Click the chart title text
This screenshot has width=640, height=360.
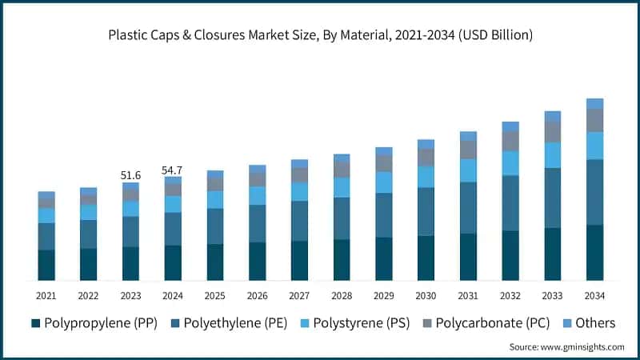click(320, 35)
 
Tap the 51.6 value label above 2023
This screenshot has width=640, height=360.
click(130, 174)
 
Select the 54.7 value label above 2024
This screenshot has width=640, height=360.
click(173, 170)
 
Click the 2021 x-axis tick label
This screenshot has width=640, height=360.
click(46, 296)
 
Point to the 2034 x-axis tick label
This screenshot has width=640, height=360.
click(594, 296)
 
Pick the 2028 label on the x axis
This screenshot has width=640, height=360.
click(342, 296)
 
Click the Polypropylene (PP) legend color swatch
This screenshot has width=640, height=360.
click(35, 323)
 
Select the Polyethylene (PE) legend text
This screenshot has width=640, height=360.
click(237, 323)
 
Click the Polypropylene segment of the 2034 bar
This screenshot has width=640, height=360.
click(594, 253)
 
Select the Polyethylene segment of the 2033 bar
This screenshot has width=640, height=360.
click(553, 198)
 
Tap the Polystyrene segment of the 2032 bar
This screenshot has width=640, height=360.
click(510, 163)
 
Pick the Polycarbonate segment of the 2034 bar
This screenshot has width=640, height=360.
click(594, 120)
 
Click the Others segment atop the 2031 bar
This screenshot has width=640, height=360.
click(468, 136)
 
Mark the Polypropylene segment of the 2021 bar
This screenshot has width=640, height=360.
click(46, 265)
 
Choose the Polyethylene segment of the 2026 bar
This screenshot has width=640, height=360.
click(257, 223)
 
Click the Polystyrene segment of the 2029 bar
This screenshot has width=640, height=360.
click(384, 182)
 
